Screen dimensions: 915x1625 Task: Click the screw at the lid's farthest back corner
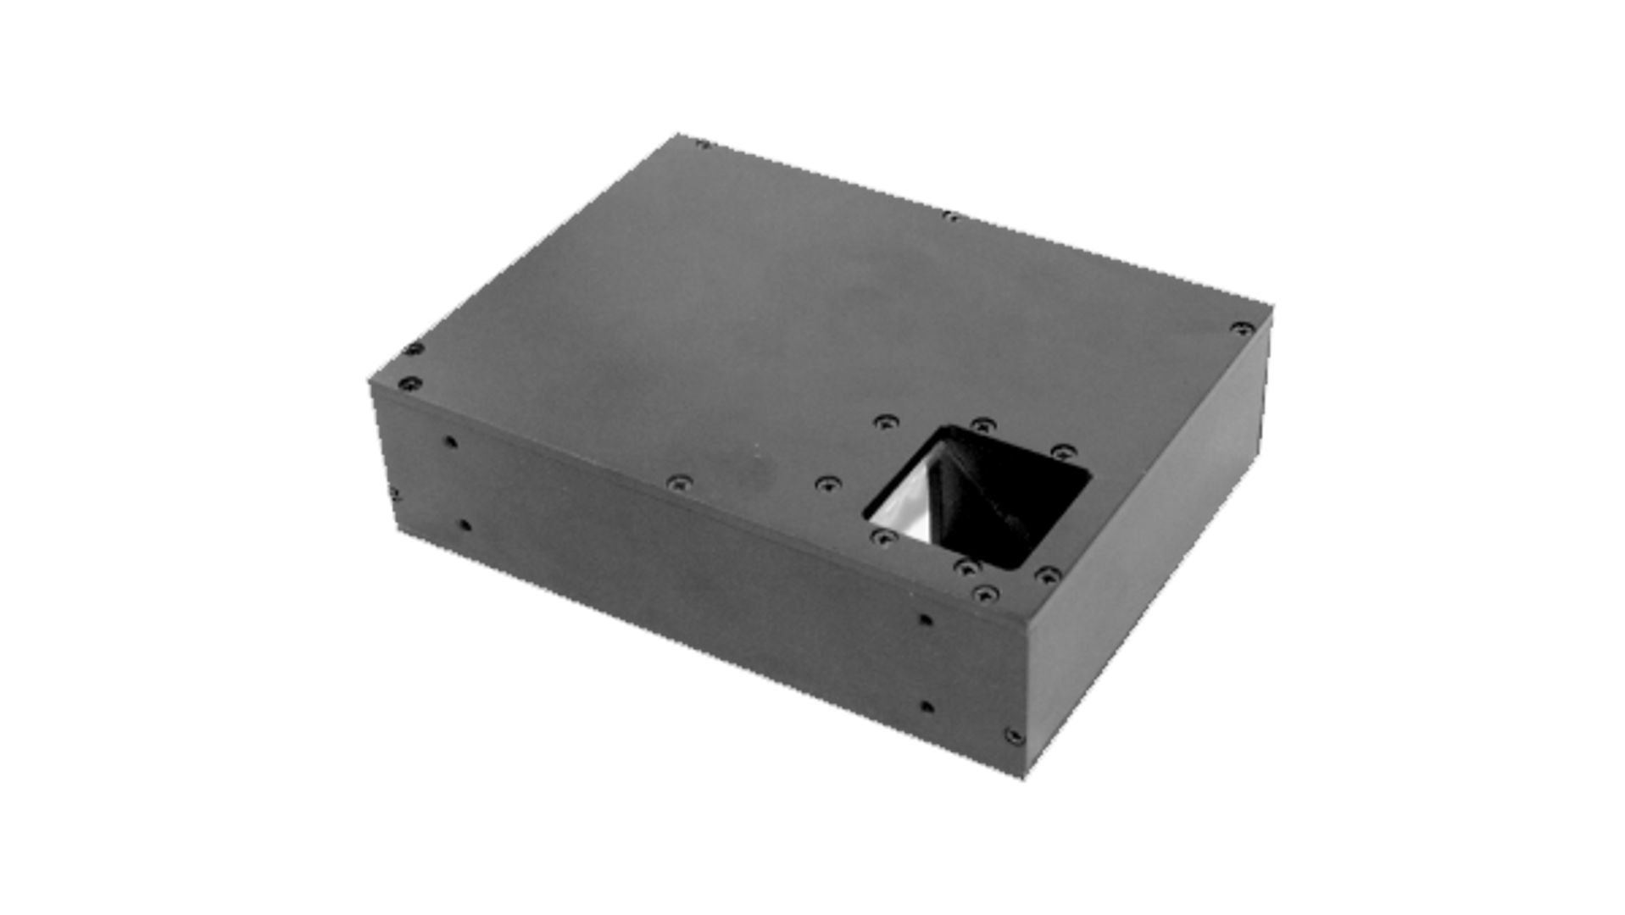pyautogui.click(x=702, y=144)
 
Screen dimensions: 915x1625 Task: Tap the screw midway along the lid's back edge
pyautogui.click(x=953, y=215)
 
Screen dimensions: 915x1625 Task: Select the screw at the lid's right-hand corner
pyautogui.click(x=1244, y=327)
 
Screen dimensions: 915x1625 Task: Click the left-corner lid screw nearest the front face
pyautogui.click(x=409, y=383)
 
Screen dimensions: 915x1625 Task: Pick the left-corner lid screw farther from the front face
pyautogui.click(x=412, y=347)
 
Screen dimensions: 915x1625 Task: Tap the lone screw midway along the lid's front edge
pyautogui.click(x=678, y=482)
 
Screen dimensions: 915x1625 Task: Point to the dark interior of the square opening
pyautogui.click(x=1009, y=500)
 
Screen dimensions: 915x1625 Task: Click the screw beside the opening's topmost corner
pyautogui.click(x=981, y=424)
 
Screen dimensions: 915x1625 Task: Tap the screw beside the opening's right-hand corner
pyautogui.click(x=1059, y=451)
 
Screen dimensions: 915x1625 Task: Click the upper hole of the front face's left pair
pyautogui.click(x=450, y=441)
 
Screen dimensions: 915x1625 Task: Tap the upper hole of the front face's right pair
pyautogui.click(x=928, y=619)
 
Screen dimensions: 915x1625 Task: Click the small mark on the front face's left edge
pyautogui.click(x=392, y=492)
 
